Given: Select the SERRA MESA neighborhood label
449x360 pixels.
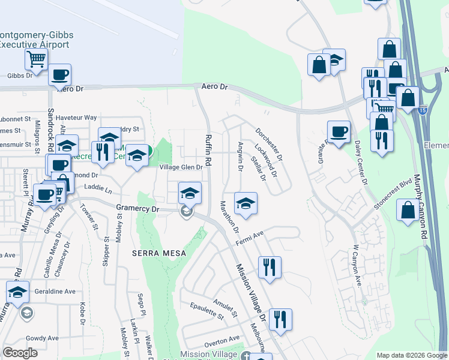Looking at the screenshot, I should click(x=158, y=254).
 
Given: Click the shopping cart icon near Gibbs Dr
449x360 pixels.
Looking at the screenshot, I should click(x=36, y=59).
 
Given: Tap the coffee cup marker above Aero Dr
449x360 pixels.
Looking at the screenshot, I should click(x=59, y=75).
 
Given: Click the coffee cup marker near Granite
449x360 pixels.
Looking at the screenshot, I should click(x=339, y=131).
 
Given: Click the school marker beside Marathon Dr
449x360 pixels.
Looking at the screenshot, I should click(x=246, y=203).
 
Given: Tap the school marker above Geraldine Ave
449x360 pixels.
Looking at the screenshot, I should click(x=18, y=292).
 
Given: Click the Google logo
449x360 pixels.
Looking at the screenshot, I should click(x=20, y=353).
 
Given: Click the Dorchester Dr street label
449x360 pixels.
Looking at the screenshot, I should click(x=269, y=144).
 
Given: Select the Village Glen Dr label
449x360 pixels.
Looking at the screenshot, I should click(x=181, y=167).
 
